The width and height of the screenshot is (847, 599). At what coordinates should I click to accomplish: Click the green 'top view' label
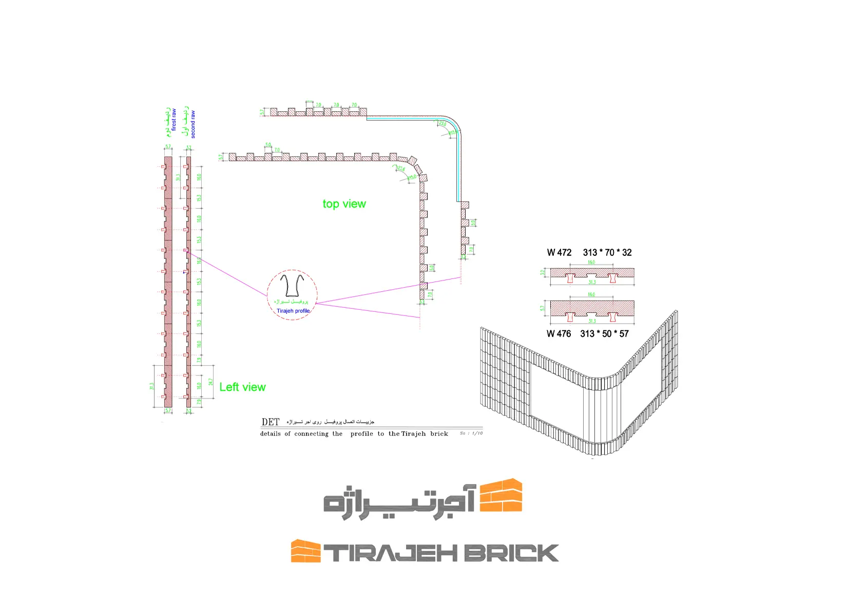[344, 204]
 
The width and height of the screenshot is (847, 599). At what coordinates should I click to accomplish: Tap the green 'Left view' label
[242, 387]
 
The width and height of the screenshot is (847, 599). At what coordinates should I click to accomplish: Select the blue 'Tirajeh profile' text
[293, 311]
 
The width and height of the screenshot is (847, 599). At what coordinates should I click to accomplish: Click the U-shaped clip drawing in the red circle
[292, 286]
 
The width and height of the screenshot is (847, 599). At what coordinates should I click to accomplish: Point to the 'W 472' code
[559, 252]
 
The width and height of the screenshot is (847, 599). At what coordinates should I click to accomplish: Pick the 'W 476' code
[559, 334]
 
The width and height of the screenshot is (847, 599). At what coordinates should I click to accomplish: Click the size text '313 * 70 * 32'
[607, 252]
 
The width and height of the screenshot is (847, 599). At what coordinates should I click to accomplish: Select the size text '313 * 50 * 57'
[604, 334]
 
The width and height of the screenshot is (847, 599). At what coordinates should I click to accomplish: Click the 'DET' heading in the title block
[270, 422]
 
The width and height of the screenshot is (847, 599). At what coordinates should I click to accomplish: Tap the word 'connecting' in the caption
[311, 434]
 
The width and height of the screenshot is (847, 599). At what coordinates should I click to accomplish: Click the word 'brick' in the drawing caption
[439, 434]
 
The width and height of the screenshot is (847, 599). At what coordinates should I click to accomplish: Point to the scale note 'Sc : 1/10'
[471, 433]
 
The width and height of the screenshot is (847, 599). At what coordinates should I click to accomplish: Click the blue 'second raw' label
[193, 125]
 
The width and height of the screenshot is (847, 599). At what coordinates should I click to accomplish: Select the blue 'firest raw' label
[174, 119]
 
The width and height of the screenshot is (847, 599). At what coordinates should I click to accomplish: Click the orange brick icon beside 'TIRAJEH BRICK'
[305, 551]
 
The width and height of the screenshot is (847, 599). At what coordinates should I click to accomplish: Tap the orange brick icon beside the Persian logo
[501, 495]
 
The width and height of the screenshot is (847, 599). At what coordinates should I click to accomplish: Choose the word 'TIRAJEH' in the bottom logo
[390, 553]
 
